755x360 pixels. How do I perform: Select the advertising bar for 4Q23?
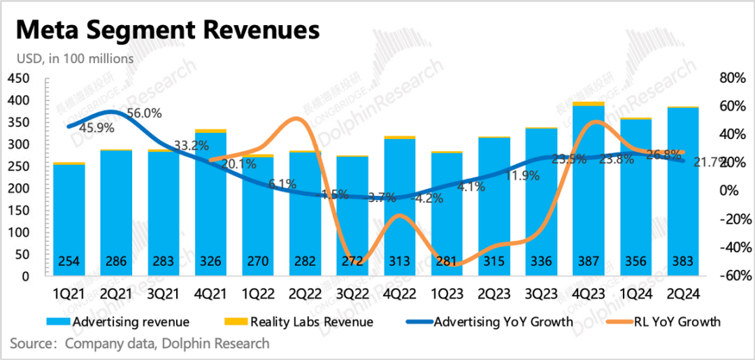589,189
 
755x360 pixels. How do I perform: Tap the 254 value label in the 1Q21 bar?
69,261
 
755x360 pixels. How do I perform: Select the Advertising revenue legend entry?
120,322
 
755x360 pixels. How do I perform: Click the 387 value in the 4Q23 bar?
589,261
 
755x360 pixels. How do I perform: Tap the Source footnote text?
140,344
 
